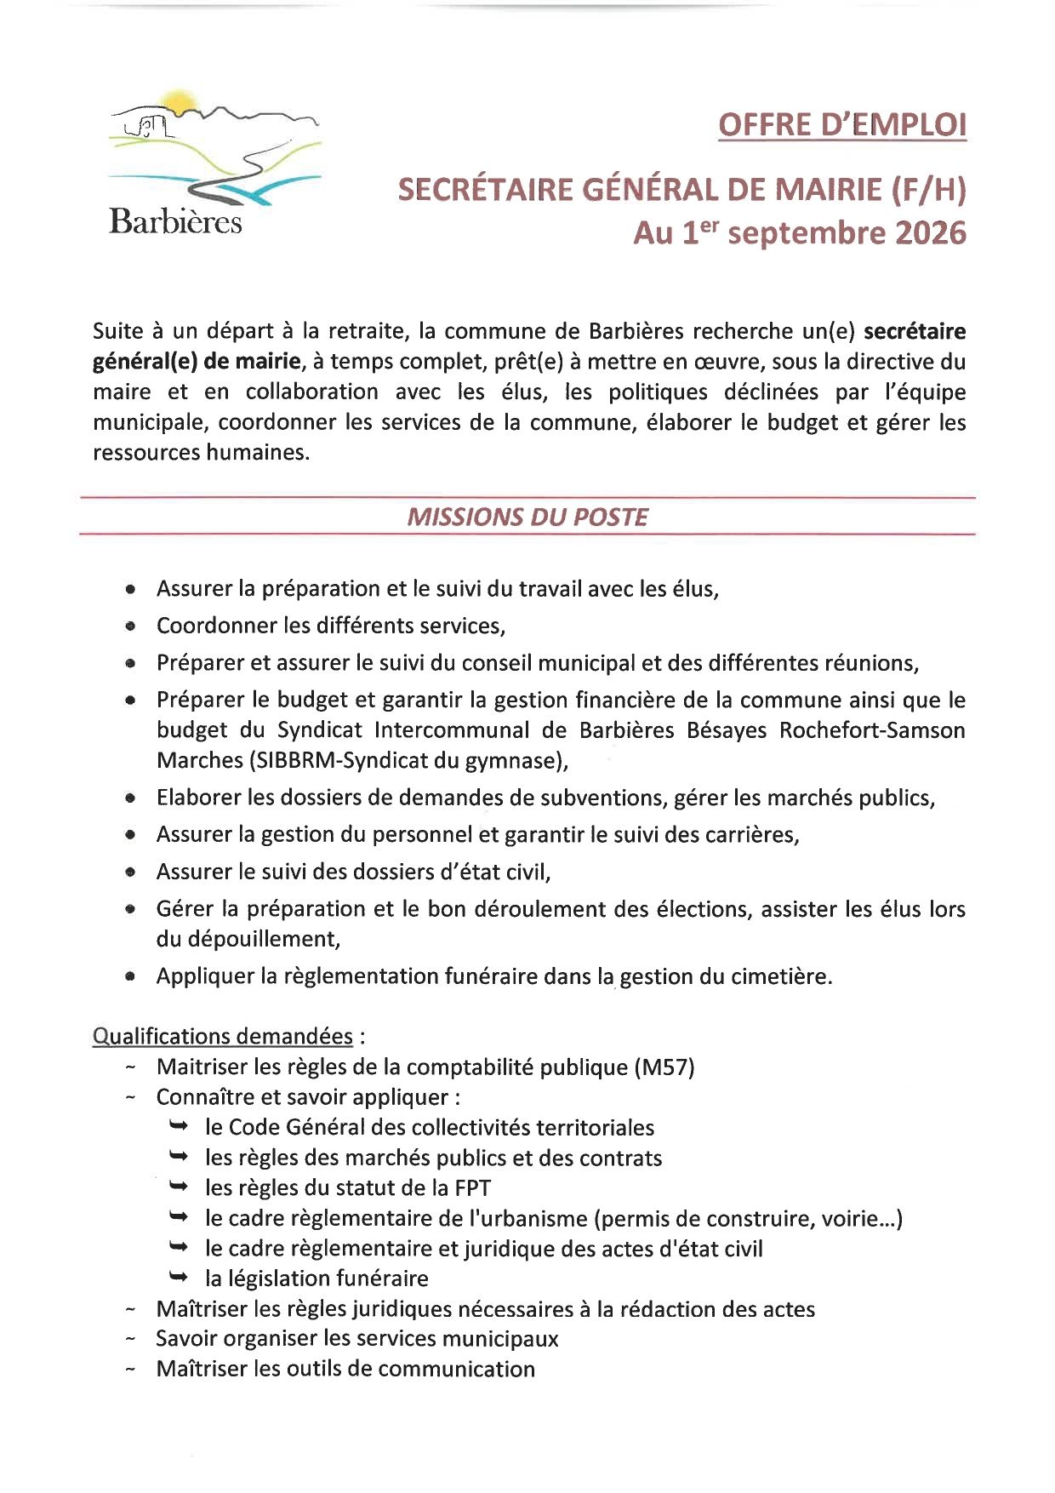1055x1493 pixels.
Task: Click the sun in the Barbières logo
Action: [x=180, y=101]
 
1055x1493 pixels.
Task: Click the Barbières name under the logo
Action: [x=175, y=221]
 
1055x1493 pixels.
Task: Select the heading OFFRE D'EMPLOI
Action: [x=842, y=125]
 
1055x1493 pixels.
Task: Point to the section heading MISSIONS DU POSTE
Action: [x=527, y=517]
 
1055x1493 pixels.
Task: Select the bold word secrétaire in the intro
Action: [x=915, y=331]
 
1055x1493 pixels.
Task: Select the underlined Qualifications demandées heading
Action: [x=223, y=1036]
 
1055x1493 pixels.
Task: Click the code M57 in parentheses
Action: [x=664, y=1067]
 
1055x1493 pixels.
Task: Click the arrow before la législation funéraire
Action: [x=178, y=1277]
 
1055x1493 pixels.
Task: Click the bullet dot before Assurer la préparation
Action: [x=130, y=589]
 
